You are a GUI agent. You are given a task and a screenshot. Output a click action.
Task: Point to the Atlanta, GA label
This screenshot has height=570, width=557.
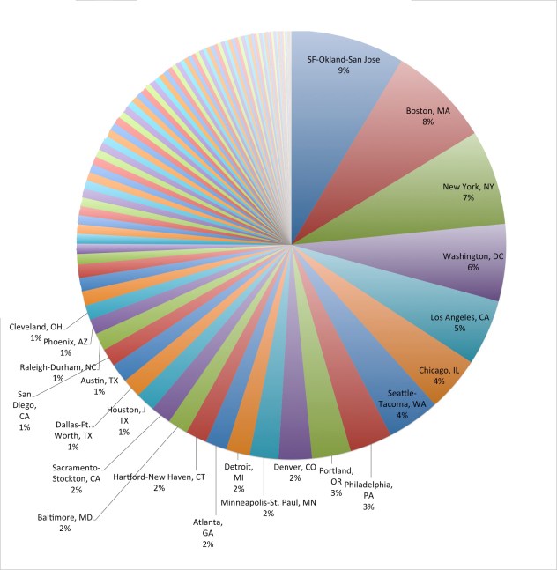coord(208,533)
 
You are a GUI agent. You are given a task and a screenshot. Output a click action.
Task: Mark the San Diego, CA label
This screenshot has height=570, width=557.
coord(24,410)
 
